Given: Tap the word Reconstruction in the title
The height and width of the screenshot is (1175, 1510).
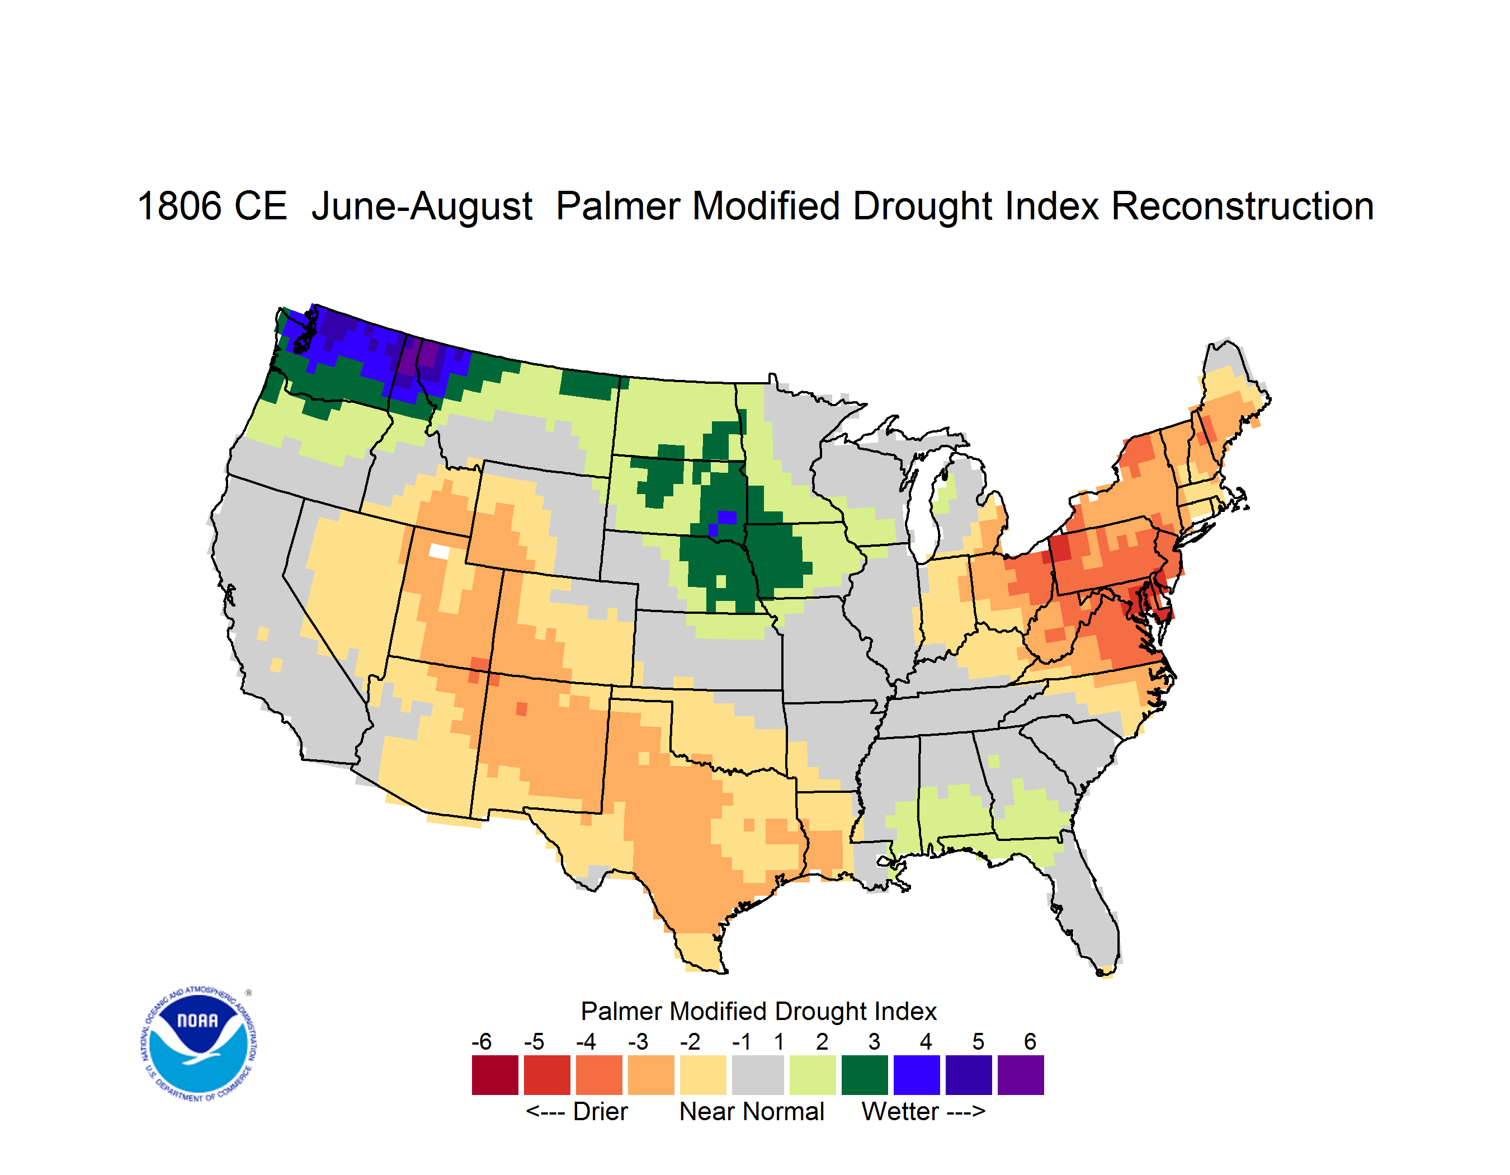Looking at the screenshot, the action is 1243,206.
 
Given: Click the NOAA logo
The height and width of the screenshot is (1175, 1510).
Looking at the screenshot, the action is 199,1044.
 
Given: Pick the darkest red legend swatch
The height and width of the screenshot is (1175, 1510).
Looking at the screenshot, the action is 495,1075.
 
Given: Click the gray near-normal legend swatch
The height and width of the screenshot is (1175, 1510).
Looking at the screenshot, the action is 758,1075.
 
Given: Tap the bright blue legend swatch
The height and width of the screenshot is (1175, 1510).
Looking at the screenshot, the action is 917,1075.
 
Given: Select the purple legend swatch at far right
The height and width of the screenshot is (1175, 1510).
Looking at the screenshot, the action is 1021,1075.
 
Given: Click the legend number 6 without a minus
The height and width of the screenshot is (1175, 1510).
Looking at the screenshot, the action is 1030,1041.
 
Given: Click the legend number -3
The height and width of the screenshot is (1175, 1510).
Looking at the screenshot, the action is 638,1041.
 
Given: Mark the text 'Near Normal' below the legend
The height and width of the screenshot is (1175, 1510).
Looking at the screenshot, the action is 752,1111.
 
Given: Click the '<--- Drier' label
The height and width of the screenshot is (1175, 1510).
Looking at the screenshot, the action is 577,1111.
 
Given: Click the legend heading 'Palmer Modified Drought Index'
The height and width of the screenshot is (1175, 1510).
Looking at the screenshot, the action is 758,1011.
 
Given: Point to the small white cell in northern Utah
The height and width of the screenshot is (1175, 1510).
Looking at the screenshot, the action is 438,551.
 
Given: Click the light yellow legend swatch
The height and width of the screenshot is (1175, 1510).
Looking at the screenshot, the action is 703,1075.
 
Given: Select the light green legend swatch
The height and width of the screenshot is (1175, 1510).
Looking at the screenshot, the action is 813,1075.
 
